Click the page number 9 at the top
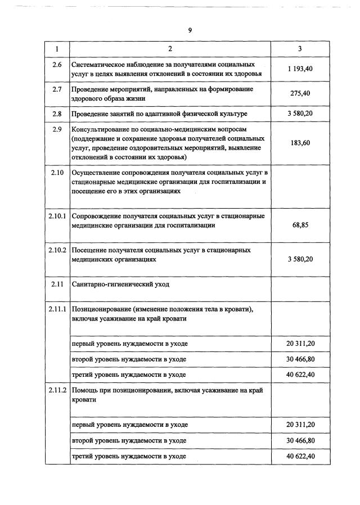(x=190, y=30)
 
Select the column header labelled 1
(x=57, y=49)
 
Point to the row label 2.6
(x=57, y=65)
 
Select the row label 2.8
(x=57, y=114)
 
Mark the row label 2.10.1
(x=57, y=217)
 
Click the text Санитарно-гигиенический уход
(x=120, y=284)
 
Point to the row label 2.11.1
(x=57, y=309)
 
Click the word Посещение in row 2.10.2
(x=88, y=250)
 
